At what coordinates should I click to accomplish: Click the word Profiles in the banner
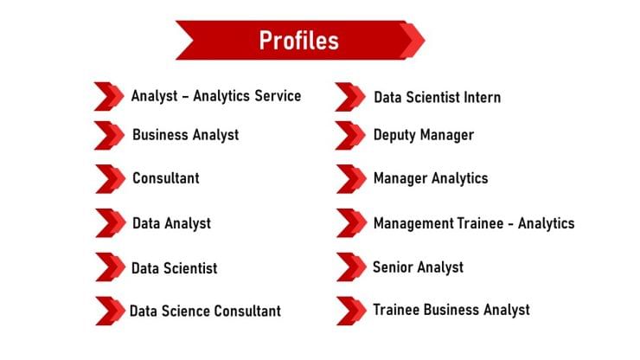point(298,40)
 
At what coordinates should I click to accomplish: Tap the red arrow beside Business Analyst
point(109,136)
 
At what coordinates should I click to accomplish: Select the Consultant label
point(165,178)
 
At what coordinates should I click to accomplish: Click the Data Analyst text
point(171,223)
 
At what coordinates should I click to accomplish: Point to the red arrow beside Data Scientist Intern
point(350,97)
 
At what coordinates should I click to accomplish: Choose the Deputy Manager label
point(423,135)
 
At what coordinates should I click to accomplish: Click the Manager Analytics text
point(430,178)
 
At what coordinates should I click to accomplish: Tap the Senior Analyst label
point(418,267)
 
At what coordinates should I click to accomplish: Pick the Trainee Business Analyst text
point(451,309)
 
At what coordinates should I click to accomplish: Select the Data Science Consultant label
point(205,311)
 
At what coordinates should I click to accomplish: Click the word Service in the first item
point(272,95)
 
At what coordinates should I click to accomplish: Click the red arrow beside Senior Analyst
point(350,267)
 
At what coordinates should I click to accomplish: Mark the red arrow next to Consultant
point(109,179)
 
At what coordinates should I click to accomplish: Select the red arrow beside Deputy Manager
point(350,136)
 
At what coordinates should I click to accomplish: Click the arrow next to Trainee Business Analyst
point(350,310)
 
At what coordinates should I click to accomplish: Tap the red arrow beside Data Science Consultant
point(109,311)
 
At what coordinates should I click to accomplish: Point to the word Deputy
point(394,135)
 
